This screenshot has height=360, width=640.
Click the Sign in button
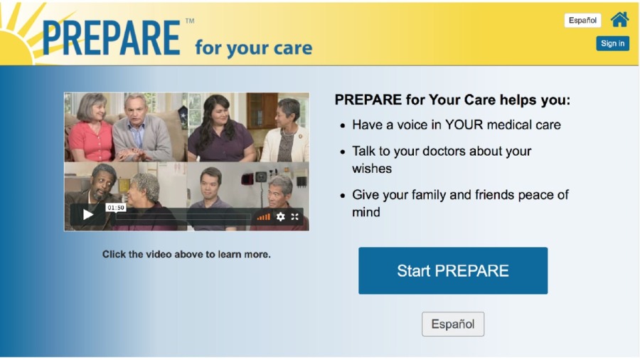pos(612,43)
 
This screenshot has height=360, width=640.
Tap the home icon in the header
pos(619,20)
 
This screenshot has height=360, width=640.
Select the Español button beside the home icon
pos(582,21)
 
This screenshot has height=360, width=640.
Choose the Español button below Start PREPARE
pos(453,324)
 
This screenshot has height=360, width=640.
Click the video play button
pos(87,215)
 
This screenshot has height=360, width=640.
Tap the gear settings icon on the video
pos(280,217)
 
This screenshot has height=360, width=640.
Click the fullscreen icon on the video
pos(294,217)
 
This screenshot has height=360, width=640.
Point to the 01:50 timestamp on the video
pos(116,208)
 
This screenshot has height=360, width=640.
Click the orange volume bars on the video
pos(264,217)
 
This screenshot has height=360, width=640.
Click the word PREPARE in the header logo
pos(112,38)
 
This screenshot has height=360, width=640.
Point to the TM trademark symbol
pos(190,21)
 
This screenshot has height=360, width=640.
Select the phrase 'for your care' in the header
pos(253,48)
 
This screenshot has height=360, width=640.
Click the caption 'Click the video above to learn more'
pos(186,254)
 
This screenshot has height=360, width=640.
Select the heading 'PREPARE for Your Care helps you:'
pos(452,100)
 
